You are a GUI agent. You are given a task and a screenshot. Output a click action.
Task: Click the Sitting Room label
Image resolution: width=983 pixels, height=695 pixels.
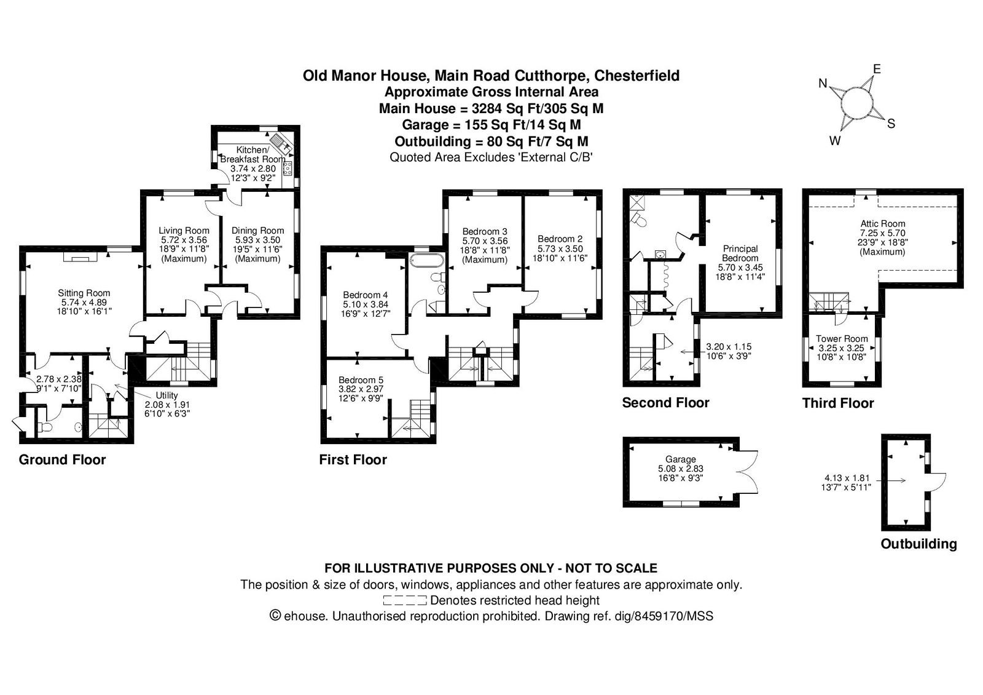[x=84, y=293]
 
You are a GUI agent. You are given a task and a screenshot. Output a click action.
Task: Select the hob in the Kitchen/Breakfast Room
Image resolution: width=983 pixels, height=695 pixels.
[x=288, y=169]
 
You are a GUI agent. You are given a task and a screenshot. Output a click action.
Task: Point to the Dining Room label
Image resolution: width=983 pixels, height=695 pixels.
[x=257, y=231]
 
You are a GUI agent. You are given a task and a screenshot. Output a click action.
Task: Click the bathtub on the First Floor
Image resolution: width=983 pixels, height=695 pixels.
[x=426, y=260]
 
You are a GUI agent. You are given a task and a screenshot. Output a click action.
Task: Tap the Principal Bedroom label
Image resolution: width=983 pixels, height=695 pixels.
[x=740, y=253]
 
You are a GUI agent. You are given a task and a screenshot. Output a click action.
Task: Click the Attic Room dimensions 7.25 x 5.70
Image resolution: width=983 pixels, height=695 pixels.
[x=883, y=233]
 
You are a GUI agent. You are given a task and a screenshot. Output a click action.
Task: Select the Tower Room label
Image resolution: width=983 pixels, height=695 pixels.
[x=842, y=339]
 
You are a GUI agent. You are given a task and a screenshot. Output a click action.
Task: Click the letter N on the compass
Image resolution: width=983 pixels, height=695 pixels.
[x=823, y=83]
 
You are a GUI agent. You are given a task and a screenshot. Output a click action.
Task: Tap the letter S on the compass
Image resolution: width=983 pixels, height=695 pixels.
[x=891, y=124]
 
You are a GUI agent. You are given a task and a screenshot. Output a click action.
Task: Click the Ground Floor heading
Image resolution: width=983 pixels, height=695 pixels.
[x=62, y=460]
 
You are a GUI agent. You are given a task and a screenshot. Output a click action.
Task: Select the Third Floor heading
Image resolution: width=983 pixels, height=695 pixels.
[x=838, y=403]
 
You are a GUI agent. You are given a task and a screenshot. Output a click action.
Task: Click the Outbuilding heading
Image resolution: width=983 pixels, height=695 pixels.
[x=919, y=544]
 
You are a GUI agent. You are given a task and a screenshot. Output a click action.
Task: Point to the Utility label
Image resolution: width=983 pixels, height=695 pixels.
[x=166, y=395]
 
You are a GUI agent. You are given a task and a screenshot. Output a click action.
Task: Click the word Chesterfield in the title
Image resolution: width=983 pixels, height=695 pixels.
[x=636, y=76]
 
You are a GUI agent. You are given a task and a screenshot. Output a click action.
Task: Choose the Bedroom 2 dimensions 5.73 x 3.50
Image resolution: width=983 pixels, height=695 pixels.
[x=560, y=248]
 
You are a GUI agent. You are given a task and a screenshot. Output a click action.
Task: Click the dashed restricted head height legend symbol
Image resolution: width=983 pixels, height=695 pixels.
[x=405, y=600]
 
